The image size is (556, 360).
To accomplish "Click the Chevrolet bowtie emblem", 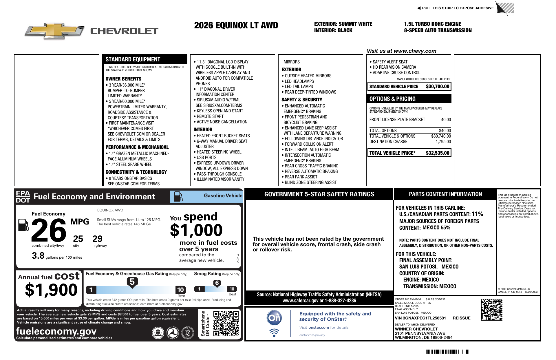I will click(54, 31).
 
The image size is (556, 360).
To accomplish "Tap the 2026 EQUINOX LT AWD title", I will click(236, 25).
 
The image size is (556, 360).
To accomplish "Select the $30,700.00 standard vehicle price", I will click(437, 86).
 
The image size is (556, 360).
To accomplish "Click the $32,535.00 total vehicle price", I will click(437, 153).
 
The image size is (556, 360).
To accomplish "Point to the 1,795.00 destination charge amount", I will click(443, 142).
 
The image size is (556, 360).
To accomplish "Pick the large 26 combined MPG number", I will click(49, 231).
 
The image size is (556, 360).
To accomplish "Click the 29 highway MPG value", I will click(97, 239).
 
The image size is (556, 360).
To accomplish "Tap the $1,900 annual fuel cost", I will click(51, 290).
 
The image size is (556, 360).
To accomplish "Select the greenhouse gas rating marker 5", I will click(132, 282).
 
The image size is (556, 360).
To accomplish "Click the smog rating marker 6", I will click(217, 283).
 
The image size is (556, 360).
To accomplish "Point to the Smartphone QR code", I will click(226, 324).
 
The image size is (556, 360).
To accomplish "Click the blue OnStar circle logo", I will click(274, 318).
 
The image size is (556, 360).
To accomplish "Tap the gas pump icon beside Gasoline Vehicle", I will click(178, 197).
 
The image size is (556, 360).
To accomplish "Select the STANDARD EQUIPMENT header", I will click(133, 59).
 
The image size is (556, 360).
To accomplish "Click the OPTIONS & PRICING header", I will click(392, 99).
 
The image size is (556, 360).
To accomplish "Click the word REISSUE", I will click(461, 318).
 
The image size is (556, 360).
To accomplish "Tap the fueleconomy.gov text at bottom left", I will click(56, 331).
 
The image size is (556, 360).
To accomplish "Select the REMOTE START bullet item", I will click(210, 116).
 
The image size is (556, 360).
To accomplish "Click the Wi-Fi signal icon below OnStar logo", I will click(274, 332).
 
